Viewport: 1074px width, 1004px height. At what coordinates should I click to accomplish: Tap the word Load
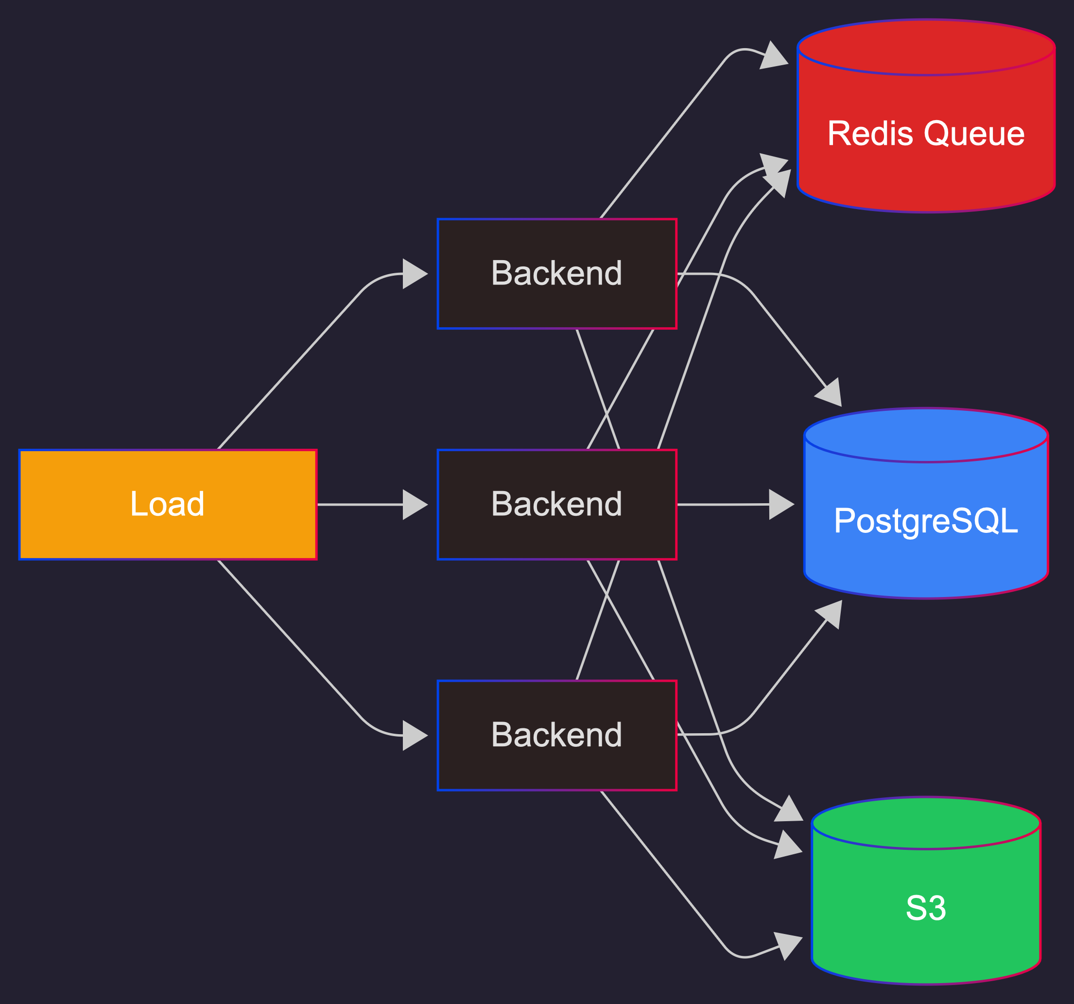click(168, 504)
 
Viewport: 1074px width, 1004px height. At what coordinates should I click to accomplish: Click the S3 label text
click(925, 908)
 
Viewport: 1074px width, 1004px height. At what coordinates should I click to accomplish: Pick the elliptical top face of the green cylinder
click(925, 823)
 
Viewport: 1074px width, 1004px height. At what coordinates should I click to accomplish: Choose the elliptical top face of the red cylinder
click(925, 48)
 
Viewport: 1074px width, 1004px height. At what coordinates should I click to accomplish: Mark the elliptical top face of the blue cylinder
click(925, 435)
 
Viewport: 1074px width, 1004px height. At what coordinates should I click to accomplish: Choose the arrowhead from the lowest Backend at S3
click(789, 945)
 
